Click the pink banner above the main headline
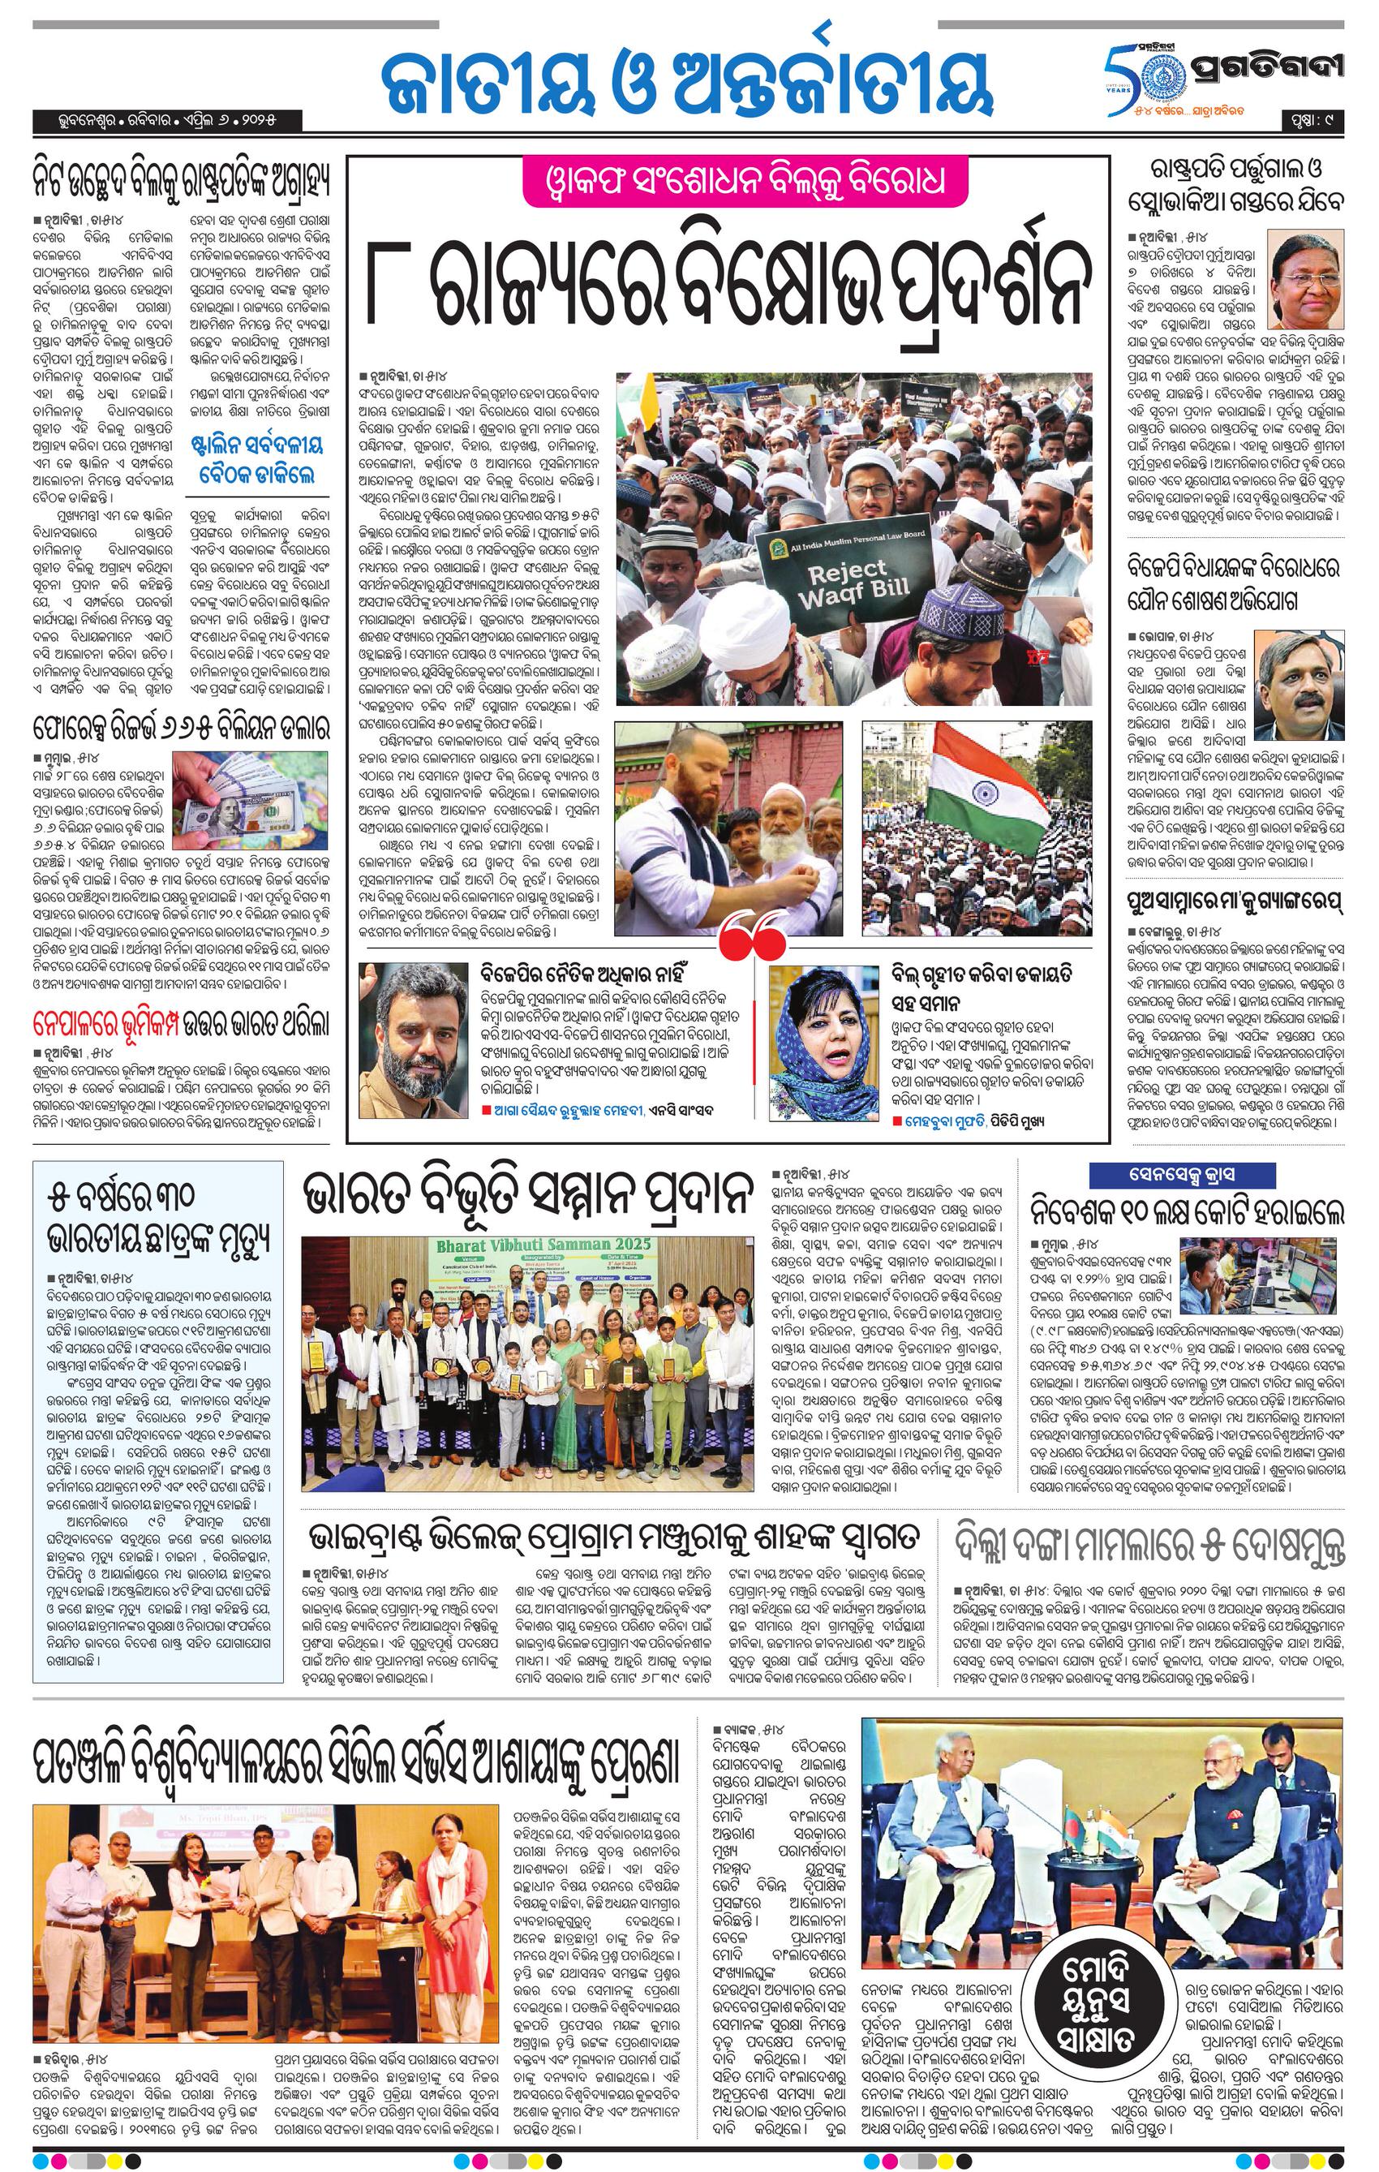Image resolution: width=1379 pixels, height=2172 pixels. tap(731, 180)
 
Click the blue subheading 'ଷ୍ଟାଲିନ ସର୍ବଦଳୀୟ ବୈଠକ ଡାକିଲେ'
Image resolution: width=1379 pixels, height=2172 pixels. tap(257, 458)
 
